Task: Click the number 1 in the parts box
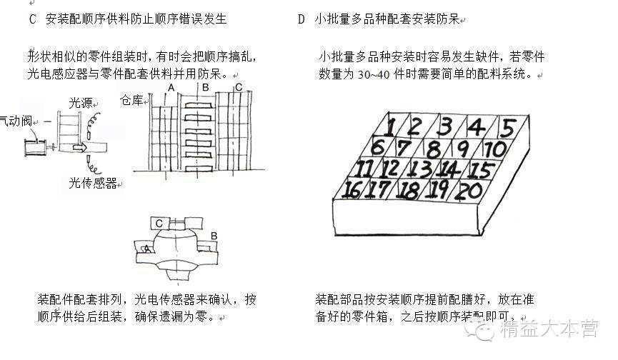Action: [389, 127]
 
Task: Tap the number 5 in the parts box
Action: [507, 129]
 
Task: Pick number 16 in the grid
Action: [352, 190]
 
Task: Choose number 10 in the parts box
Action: [493, 149]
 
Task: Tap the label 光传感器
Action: [93, 184]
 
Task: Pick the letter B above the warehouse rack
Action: [205, 87]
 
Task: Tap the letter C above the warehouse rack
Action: [238, 87]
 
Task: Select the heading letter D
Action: [301, 19]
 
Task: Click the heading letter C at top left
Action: [32, 19]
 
